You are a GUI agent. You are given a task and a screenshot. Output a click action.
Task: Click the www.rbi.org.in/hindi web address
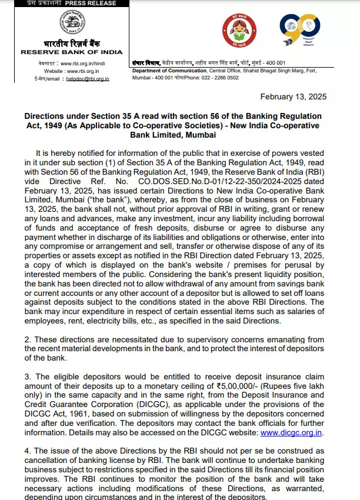click(x=82, y=62)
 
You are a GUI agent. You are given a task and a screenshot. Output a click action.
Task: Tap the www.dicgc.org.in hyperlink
click(x=292, y=432)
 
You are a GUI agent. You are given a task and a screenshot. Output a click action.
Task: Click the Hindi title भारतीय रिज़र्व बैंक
click(x=71, y=44)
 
